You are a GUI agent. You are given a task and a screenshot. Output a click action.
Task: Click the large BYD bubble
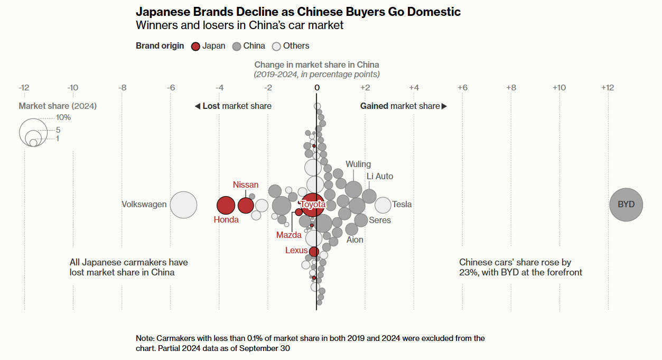point(626,205)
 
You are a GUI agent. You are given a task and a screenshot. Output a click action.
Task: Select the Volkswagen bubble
point(183,205)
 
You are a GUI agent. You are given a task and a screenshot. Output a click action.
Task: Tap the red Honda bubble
point(226,205)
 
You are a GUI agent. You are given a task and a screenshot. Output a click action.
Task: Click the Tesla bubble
point(383,205)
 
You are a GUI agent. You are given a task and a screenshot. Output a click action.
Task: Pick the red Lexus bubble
point(314,252)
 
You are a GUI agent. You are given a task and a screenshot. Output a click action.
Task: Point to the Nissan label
point(246,184)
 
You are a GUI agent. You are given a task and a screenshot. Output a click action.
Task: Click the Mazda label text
point(288,235)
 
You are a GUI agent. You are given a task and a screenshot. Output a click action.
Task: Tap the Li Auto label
point(380,176)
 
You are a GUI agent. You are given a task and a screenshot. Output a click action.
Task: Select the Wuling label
point(358,164)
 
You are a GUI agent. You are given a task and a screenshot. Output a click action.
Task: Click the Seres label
point(380,220)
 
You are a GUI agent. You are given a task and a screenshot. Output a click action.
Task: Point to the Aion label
point(355,239)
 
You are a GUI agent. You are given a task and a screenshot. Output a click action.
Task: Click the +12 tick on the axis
point(608,87)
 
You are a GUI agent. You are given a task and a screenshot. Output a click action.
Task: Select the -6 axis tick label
point(171,87)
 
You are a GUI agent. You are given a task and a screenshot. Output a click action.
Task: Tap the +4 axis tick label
point(414,87)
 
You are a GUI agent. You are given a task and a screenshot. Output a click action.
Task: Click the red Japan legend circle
point(195,46)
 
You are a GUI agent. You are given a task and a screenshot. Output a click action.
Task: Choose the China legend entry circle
point(237,46)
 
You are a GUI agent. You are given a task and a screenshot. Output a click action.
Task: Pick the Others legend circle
point(276,46)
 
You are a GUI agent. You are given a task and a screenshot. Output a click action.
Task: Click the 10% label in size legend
point(63,117)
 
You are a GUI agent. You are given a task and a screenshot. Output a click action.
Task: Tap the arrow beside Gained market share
point(444,106)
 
